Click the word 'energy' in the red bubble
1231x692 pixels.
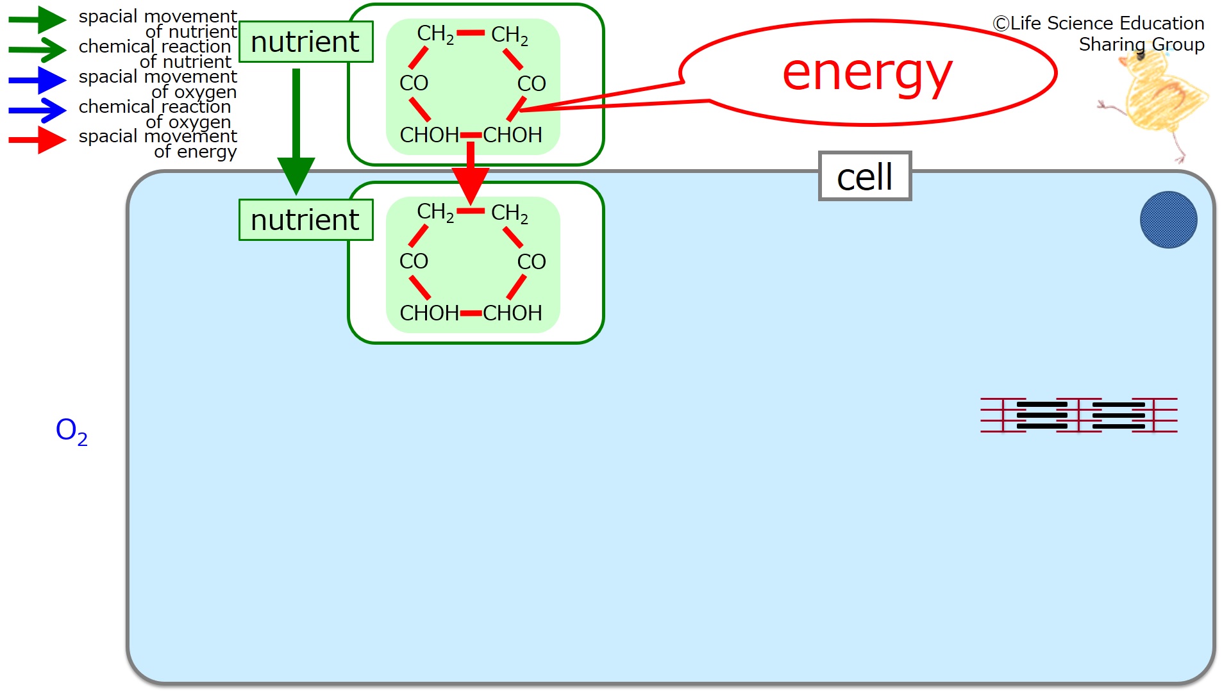click(x=867, y=74)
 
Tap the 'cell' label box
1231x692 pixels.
click(x=865, y=176)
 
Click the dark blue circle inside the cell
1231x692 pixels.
click(x=1168, y=220)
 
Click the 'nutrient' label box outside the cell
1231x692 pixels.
click(x=306, y=42)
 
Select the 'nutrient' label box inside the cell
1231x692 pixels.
click(x=306, y=220)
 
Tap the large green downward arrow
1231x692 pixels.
click(x=296, y=131)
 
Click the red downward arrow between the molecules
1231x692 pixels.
click(x=471, y=173)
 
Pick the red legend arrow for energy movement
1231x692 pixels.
click(x=37, y=140)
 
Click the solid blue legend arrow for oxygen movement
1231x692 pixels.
click(x=37, y=81)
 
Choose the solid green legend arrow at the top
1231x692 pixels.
click(x=37, y=20)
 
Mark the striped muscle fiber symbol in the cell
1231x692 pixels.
click(x=1079, y=415)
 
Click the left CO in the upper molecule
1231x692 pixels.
click(x=414, y=83)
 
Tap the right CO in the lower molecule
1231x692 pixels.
click(x=532, y=261)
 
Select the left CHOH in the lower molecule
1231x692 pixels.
click(x=429, y=313)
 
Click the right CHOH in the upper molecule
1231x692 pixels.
click(x=513, y=135)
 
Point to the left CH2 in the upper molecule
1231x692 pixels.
click(x=435, y=34)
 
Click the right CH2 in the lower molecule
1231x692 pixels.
click(x=510, y=213)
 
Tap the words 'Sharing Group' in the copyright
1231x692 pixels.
click(x=1141, y=45)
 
